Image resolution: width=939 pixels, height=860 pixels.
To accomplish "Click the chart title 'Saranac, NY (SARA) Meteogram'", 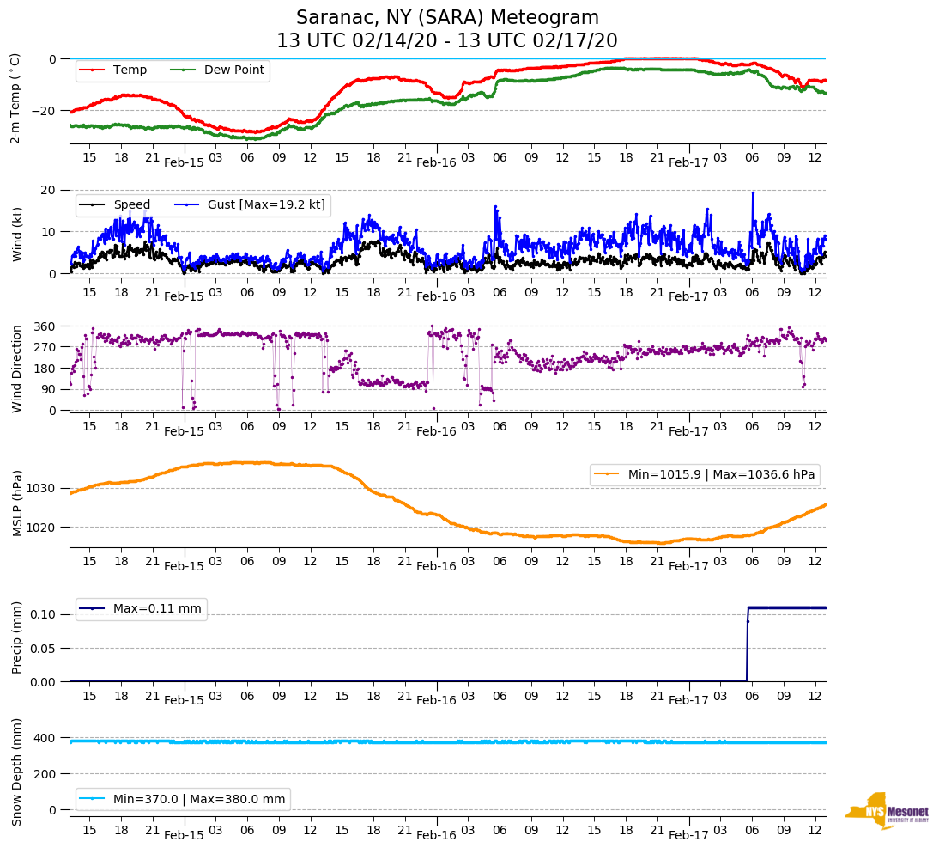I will [447, 18].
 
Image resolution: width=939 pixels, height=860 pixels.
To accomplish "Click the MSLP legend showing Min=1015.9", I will [704, 475].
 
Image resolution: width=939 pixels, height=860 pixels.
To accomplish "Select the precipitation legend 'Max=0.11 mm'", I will [142, 609].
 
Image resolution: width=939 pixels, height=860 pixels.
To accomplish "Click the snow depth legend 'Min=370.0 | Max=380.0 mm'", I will [184, 799].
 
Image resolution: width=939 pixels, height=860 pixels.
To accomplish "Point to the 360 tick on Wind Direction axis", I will [45, 326].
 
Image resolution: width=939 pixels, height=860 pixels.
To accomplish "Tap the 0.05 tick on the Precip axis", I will [42, 648].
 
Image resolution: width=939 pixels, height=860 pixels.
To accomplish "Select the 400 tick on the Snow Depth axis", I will [45, 738].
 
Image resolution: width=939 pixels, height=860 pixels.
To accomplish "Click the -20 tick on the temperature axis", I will [45, 111].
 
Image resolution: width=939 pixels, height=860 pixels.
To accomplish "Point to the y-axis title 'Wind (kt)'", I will [16, 231].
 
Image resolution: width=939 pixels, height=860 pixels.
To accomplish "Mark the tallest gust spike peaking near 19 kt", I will [753, 194].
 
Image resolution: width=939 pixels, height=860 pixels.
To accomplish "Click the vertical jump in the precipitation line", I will [747, 644].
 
